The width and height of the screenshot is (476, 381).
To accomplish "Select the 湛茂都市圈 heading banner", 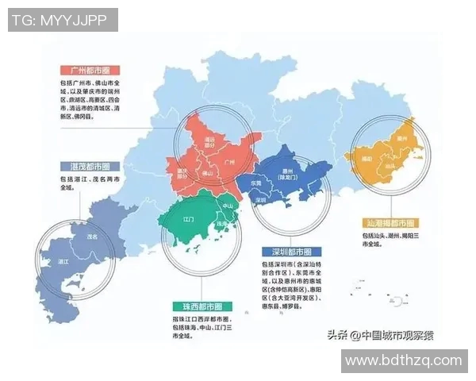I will coord(85,167).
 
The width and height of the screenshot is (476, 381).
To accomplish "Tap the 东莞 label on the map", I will coord(256,183).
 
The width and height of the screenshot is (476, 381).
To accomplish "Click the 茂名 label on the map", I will coord(92,237).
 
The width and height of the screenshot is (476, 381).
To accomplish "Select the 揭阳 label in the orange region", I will coord(367,158).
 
